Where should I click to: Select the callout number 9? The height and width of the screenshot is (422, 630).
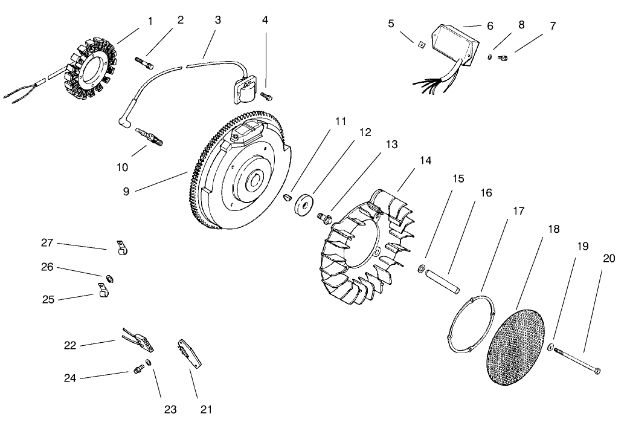click(126, 191)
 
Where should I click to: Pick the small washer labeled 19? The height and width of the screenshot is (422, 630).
click(551, 348)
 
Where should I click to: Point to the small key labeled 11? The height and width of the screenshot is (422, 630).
click(288, 196)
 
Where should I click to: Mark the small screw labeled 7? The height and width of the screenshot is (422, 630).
click(503, 57)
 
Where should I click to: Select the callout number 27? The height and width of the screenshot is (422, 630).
click(47, 243)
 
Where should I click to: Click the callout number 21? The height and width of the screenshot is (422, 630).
click(206, 409)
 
